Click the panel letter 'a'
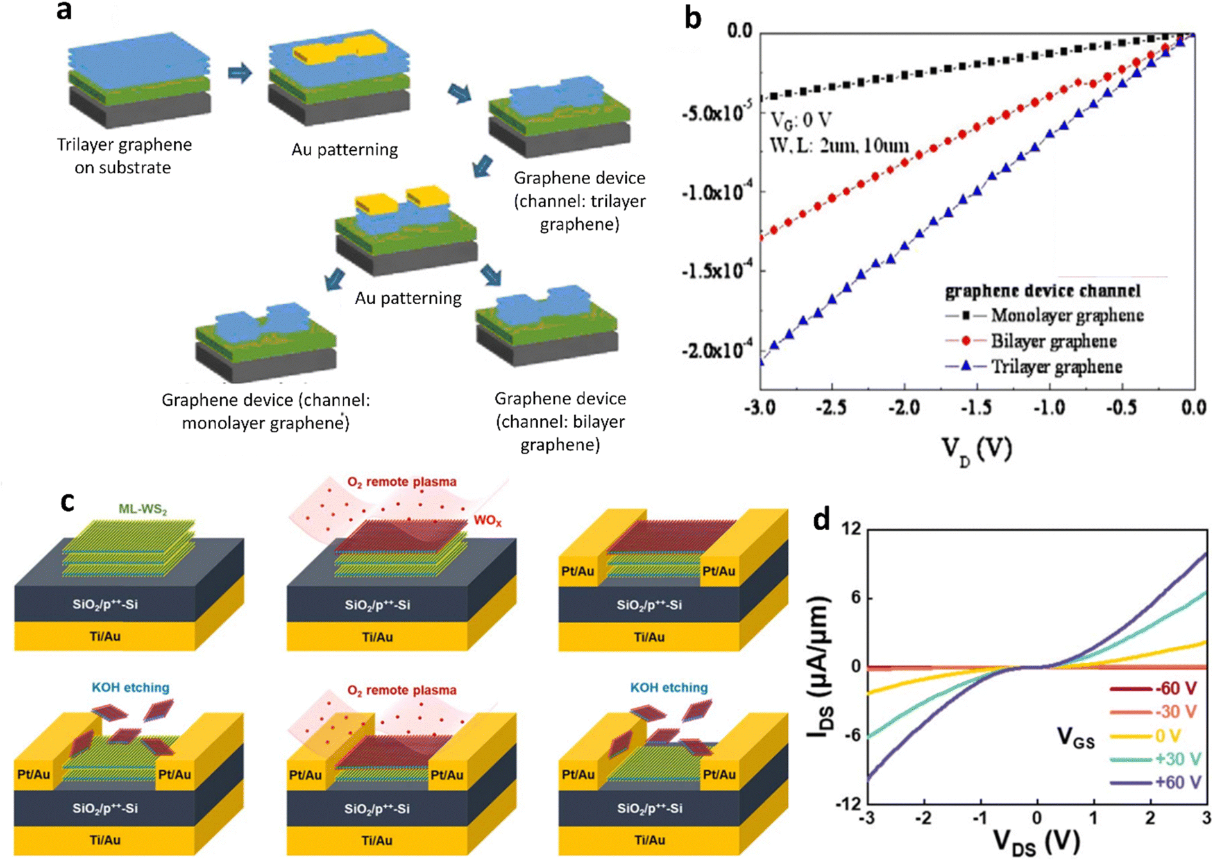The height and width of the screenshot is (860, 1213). (64, 11)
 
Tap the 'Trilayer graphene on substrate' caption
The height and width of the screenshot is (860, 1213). (124, 156)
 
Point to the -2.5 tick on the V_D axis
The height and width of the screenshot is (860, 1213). (832, 408)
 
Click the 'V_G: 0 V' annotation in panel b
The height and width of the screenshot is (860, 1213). (801, 120)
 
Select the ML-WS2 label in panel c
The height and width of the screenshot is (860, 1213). (142, 510)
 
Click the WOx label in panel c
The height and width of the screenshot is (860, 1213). (488, 520)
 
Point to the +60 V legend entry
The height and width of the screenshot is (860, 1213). (1178, 782)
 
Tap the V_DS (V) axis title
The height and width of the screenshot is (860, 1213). (1036, 842)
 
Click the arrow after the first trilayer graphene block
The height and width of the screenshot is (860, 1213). (240, 73)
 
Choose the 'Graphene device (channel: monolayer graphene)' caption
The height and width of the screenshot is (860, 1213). (266, 411)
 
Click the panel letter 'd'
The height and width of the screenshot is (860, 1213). (822, 519)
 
